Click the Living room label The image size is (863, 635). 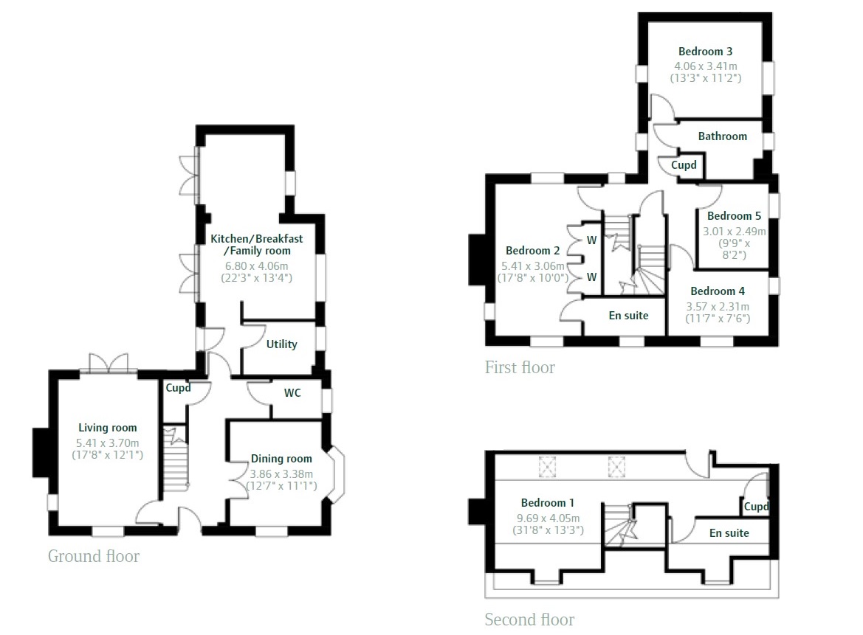pos(107,428)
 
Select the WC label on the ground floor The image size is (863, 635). pos(292,392)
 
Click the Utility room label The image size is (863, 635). pos(282,344)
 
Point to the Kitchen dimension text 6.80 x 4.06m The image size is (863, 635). pos(256,266)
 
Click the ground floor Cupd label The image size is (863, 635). pos(179,388)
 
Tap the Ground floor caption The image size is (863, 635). pos(94,556)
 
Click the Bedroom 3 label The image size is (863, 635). pos(705,52)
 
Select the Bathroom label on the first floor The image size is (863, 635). pos(723,136)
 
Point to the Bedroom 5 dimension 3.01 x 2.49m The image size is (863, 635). pos(735,232)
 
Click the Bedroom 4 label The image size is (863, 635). pos(718,291)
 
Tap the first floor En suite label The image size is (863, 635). pos(628,316)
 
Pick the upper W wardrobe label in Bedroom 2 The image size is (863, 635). pos(591,240)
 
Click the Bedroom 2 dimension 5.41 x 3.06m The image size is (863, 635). pos(533,266)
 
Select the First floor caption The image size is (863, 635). pos(520,367)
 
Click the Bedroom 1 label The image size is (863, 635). pos(548,503)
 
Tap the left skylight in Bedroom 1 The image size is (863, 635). pos(547,468)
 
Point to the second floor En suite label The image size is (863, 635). pos(729,533)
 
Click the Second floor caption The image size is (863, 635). pos(529,620)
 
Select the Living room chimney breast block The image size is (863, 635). pos(41,452)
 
